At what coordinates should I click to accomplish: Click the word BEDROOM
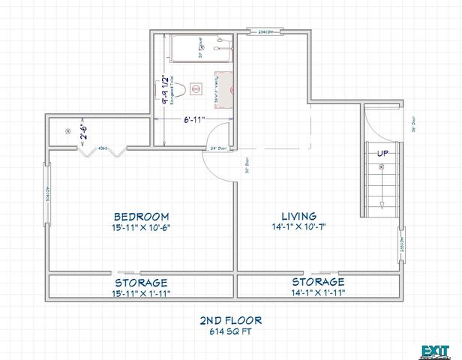[x=141, y=215]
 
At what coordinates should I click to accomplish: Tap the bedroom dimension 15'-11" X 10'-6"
[x=141, y=227]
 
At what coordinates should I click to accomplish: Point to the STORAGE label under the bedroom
[x=141, y=282]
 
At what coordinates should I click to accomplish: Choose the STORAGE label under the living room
[x=318, y=282]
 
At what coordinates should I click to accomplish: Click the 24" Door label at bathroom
[x=218, y=147]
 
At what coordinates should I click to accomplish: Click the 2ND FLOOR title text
[x=231, y=319]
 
